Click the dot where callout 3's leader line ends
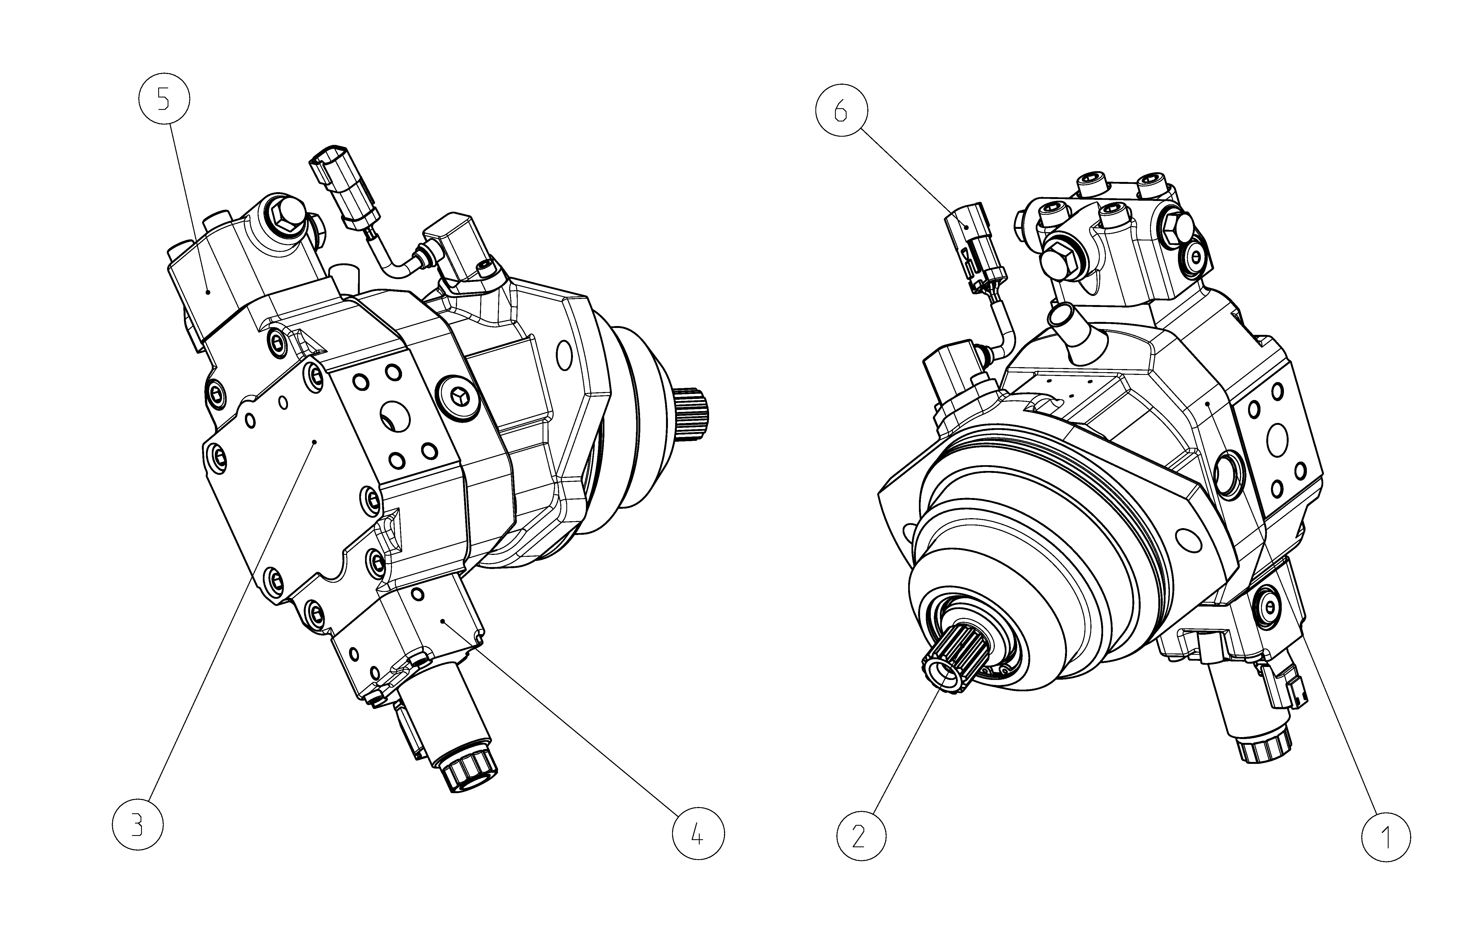(314, 441)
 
